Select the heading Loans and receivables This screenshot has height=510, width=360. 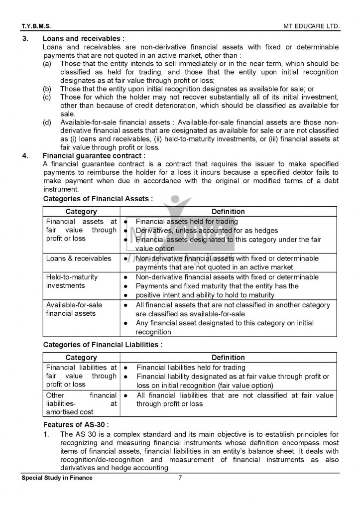84,38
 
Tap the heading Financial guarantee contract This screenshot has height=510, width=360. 94,155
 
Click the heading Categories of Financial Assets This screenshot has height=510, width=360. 98,199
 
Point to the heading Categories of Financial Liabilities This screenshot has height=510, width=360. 103,344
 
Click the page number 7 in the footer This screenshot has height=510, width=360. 180,478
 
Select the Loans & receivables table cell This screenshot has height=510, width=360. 79,258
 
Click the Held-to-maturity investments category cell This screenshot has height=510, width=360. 72,281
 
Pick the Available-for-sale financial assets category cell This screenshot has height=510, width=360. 74,309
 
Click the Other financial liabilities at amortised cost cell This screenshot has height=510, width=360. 81,403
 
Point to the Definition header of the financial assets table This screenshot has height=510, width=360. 228,212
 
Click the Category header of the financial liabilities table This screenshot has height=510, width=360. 81,358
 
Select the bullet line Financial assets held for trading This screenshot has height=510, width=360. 187,222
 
